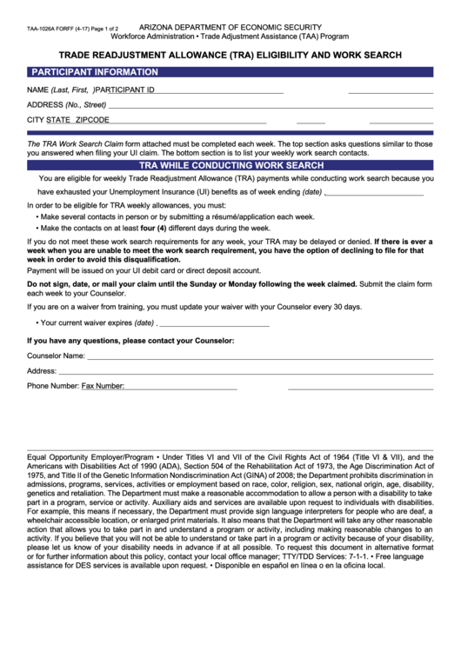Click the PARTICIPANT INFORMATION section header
[95, 72]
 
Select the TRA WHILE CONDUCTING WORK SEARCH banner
[231, 165]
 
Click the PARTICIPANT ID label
[125, 90]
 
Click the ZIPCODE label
[92, 120]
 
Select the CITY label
[36, 120]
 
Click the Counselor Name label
[56, 355]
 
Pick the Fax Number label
[103, 385]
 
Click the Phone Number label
[53, 385]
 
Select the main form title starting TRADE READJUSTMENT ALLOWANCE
[230, 54]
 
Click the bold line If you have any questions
[130, 341]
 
